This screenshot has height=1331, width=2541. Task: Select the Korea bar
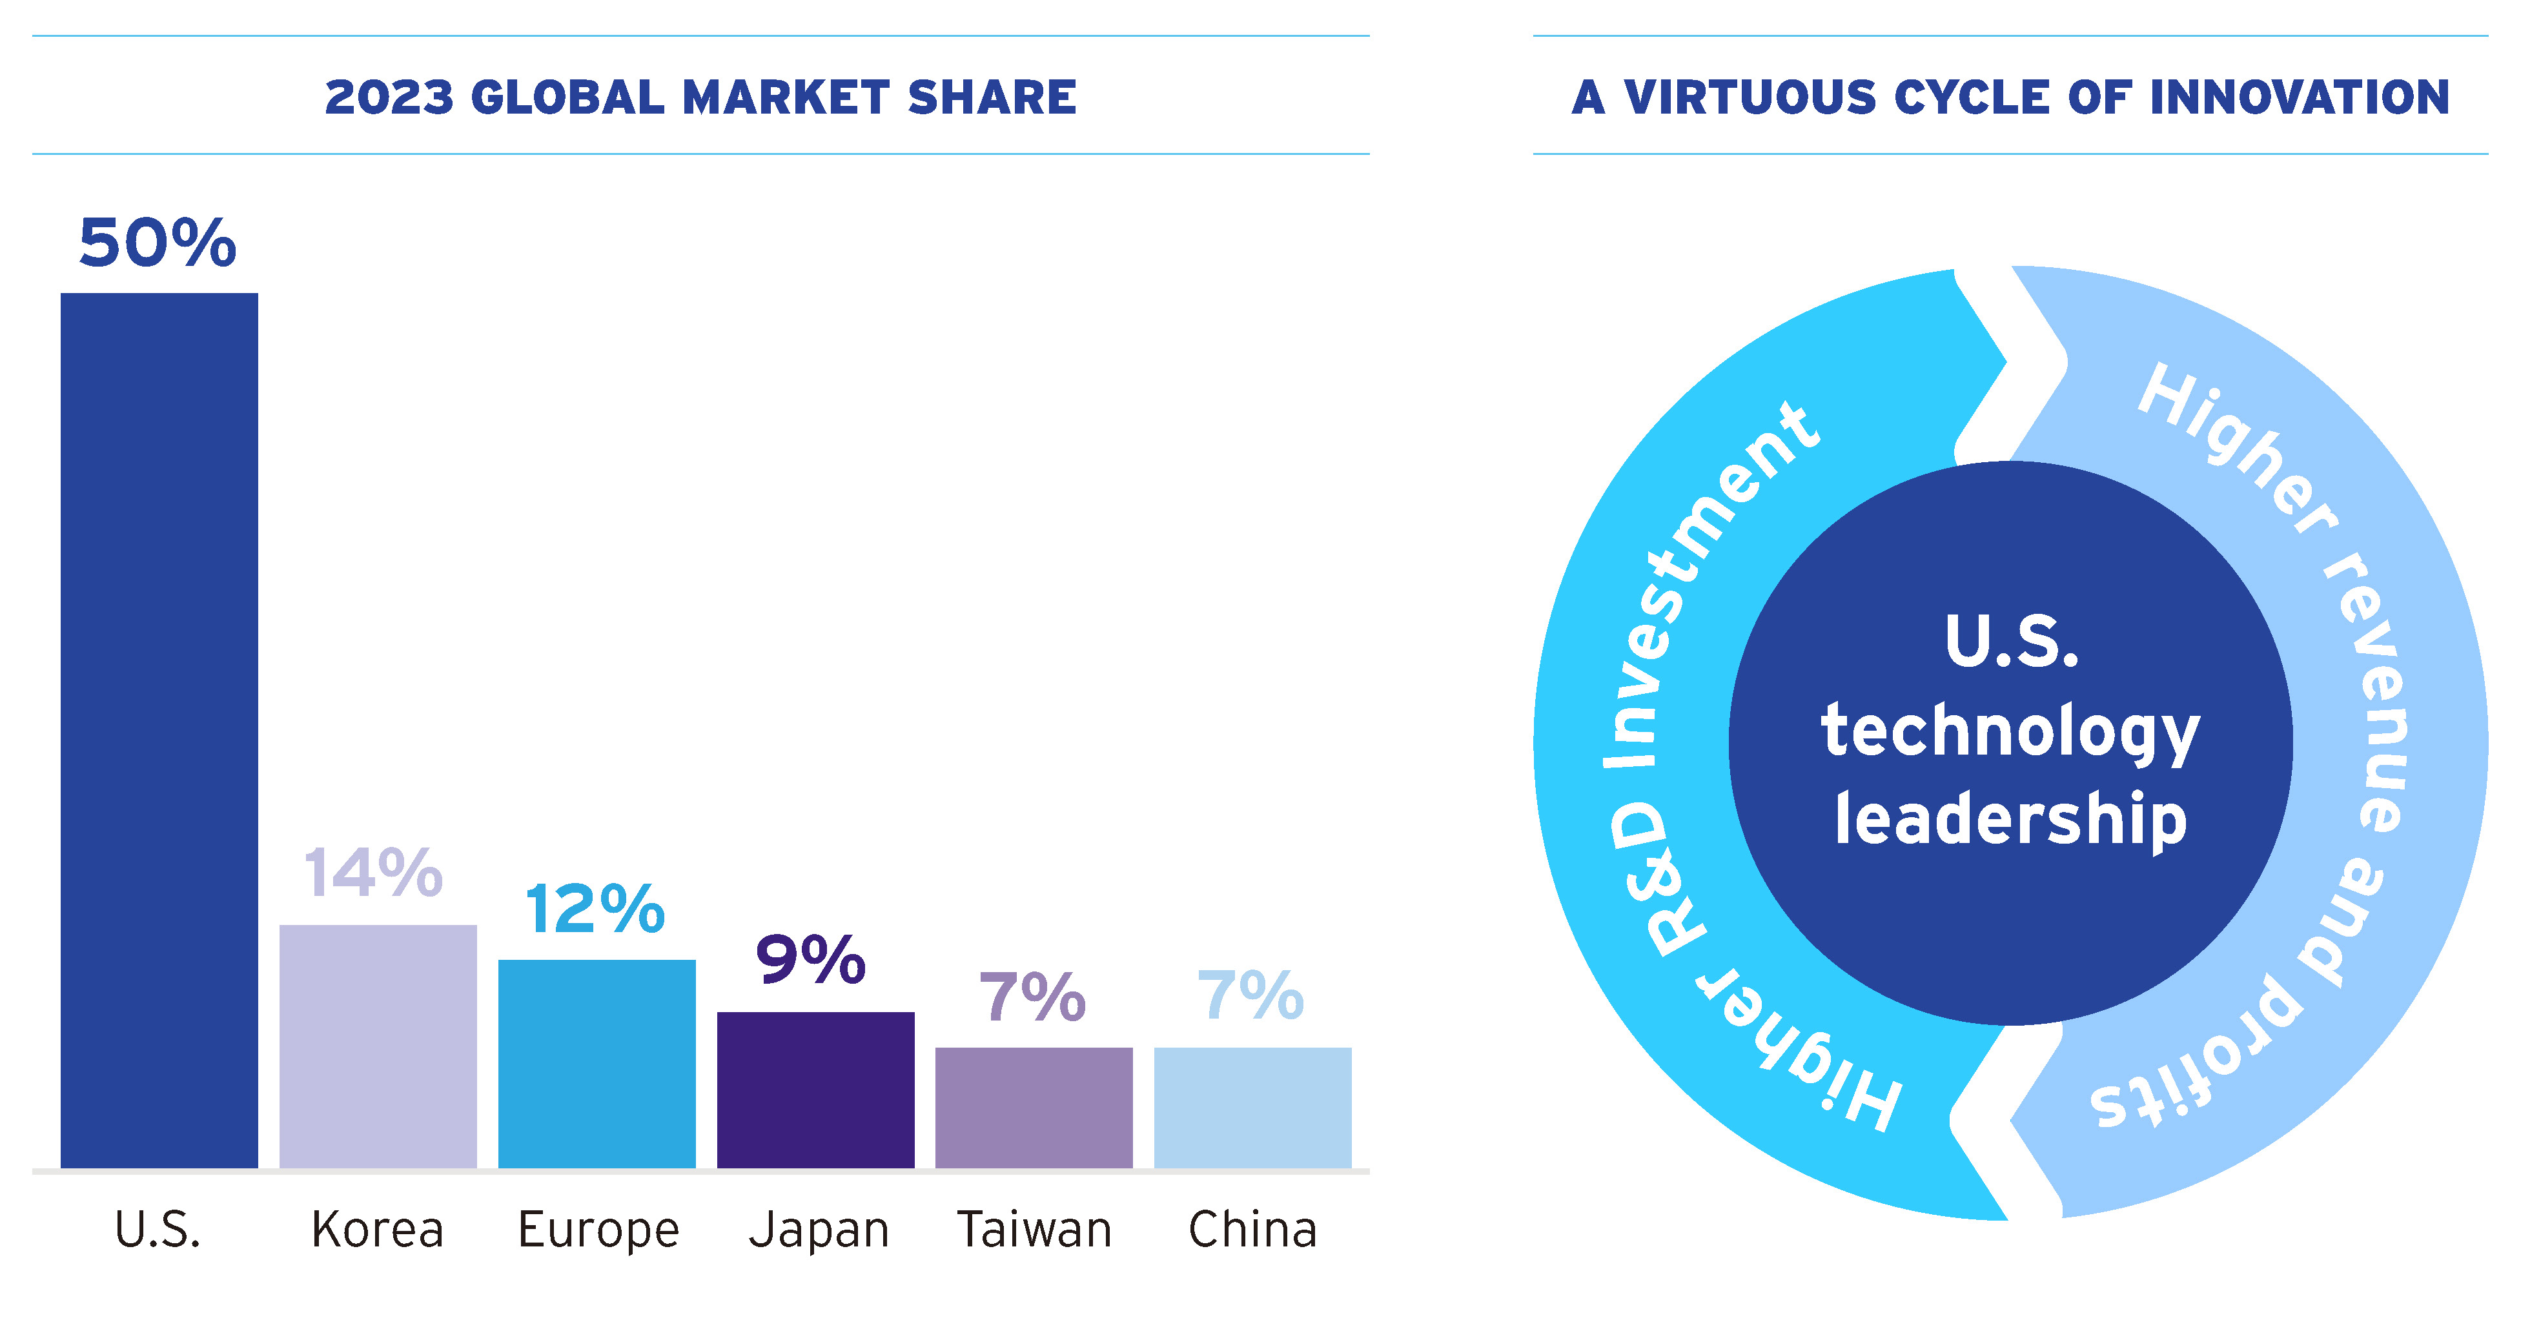378,1045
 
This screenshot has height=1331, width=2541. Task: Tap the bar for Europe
597,1063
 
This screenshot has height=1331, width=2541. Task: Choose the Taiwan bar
1034,1107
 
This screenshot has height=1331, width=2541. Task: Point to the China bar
1252,1107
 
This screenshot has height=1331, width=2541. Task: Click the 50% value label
158,243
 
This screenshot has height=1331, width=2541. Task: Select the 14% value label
373,873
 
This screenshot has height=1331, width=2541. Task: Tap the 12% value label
595,908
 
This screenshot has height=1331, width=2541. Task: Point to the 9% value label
811,959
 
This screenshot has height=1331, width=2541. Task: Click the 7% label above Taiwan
1032,997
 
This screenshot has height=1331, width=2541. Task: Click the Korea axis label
378,1230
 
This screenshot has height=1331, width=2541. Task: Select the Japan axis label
819,1230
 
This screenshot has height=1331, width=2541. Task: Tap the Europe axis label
598,1230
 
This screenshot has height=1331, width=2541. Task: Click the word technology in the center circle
2010,731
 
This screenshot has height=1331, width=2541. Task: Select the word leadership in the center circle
2010,819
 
